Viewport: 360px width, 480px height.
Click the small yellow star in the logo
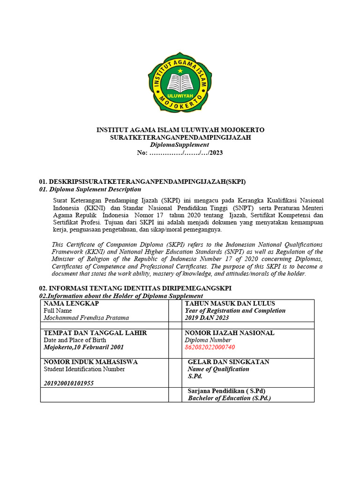(x=180, y=71)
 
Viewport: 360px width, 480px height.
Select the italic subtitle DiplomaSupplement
(x=180, y=145)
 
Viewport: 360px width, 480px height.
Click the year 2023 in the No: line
(x=216, y=152)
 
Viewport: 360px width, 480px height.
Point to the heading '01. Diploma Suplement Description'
(x=90, y=189)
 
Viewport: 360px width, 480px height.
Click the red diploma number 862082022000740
(x=210, y=347)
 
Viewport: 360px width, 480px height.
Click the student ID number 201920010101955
(x=68, y=383)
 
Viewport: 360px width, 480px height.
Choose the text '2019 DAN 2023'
(x=207, y=317)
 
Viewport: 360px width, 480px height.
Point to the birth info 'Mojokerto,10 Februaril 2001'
(x=84, y=347)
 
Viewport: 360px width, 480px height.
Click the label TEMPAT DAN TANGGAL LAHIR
(x=95, y=333)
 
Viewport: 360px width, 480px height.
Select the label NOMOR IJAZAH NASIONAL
(x=230, y=333)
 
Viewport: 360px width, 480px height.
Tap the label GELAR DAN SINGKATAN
(x=228, y=362)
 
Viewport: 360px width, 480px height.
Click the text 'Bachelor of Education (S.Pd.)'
(x=229, y=398)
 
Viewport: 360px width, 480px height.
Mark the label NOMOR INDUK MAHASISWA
(x=90, y=362)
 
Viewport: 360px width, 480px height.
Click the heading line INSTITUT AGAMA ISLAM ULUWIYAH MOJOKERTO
(x=180, y=130)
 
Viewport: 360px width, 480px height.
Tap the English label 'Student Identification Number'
(x=84, y=369)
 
